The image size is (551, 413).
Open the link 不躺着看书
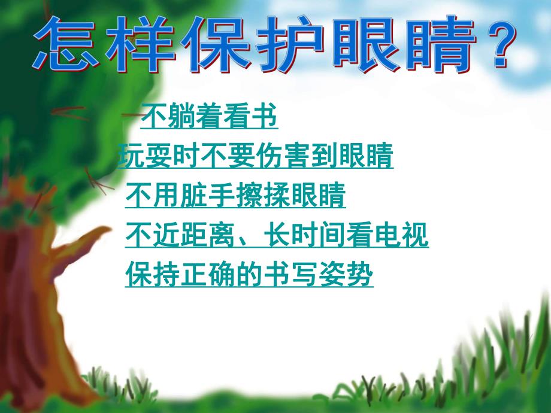[209, 119]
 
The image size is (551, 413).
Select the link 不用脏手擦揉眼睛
[235, 196]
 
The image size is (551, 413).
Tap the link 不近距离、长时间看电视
[277, 236]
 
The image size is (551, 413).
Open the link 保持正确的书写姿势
[249, 275]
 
